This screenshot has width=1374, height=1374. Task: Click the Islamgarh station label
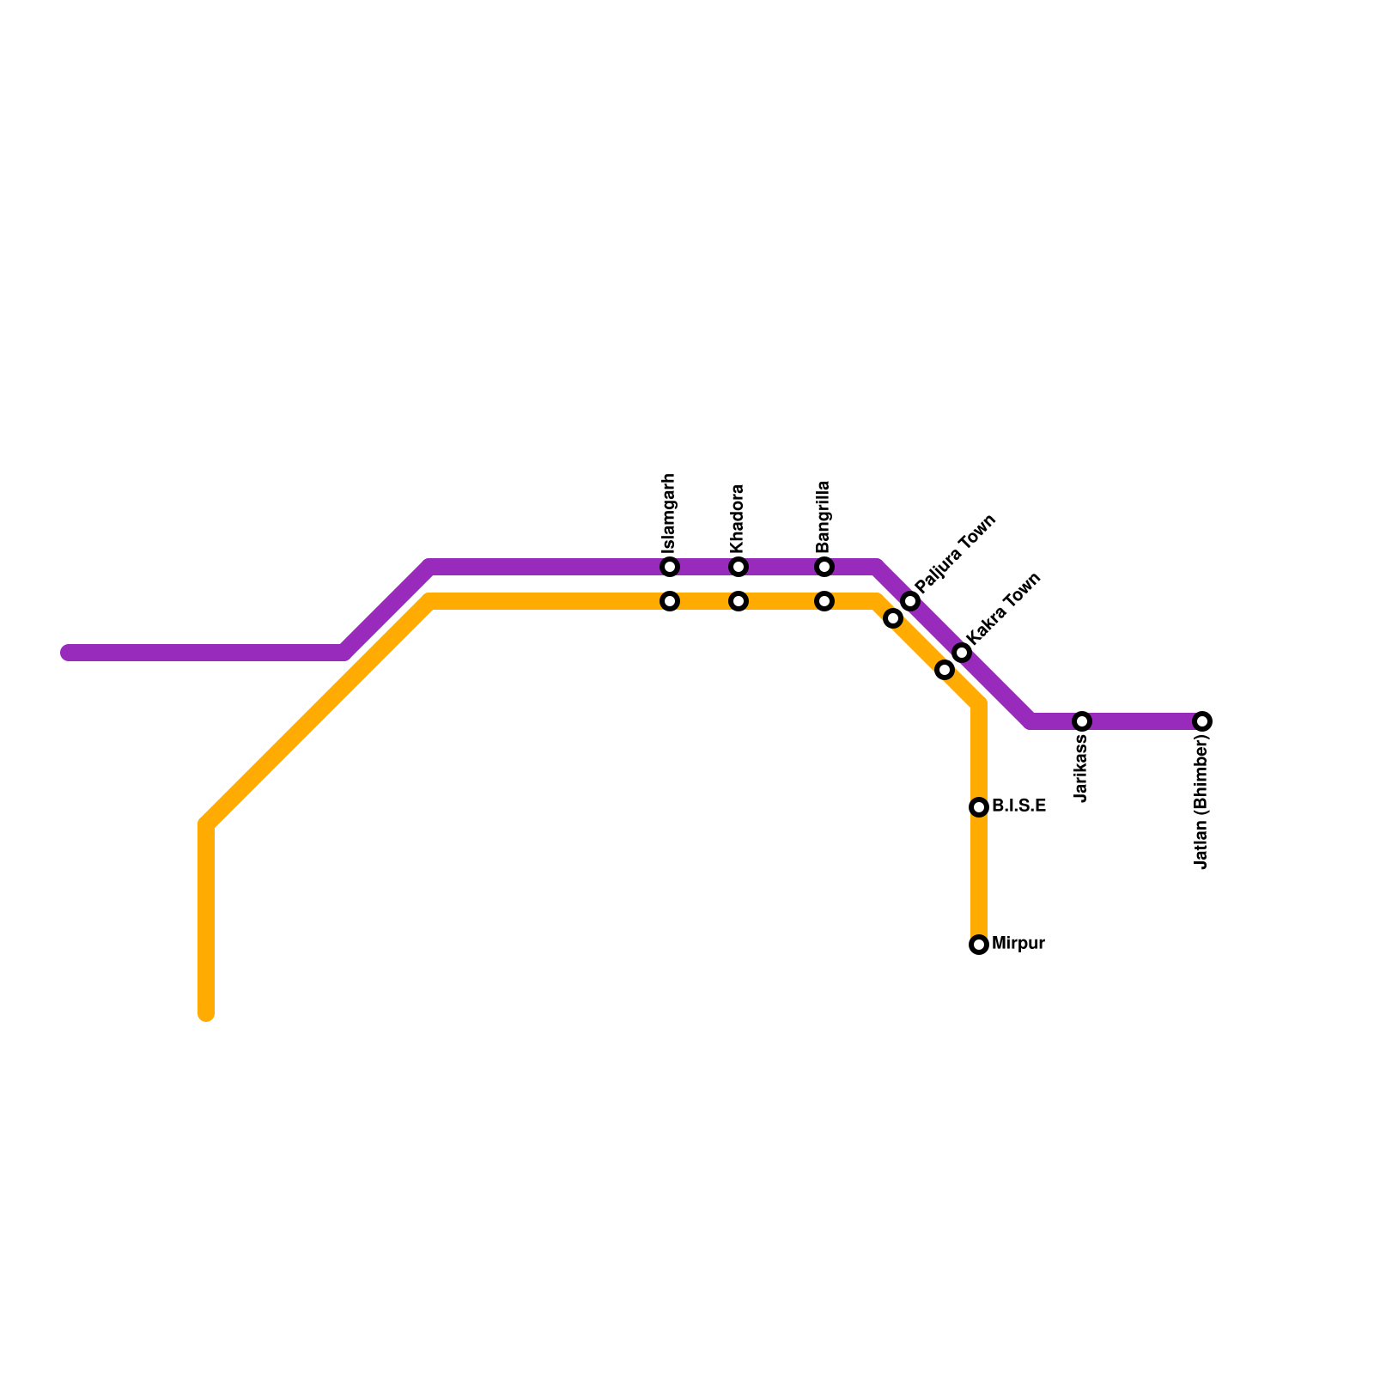[670, 514]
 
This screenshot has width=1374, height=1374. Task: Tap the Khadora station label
[738, 520]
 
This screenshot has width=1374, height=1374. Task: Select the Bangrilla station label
[824, 516]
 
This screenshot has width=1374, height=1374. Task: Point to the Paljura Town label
[956, 553]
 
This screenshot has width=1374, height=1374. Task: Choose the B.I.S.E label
[1018, 806]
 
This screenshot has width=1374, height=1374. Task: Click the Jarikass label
[1081, 768]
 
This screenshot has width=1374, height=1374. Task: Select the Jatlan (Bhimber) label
[1201, 802]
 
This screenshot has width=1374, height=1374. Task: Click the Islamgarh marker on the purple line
[670, 567]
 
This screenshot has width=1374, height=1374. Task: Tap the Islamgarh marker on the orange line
[670, 601]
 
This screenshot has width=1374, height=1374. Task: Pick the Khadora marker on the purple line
[739, 567]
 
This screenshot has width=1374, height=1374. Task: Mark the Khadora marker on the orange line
[739, 601]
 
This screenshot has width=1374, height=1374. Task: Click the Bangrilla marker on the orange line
[824, 601]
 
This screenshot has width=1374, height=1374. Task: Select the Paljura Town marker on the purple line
[910, 601]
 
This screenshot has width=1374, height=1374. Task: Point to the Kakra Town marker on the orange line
[945, 670]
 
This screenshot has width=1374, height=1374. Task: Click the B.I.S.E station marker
[979, 807]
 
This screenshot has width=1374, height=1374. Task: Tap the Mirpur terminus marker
[979, 945]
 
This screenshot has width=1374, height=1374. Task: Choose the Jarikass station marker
[1082, 721]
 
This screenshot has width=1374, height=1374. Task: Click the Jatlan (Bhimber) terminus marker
[1202, 721]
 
